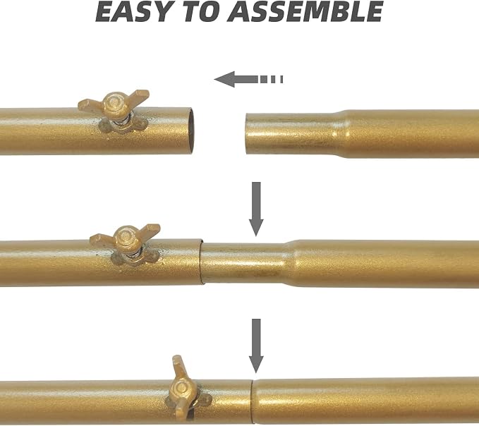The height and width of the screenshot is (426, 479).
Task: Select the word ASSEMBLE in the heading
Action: (x=305, y=11)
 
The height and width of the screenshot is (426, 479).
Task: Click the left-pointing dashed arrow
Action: (x=248, y=80)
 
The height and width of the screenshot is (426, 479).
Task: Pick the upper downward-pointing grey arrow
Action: (x=256, y=209)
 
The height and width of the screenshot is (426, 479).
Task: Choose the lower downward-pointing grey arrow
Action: (x=256, y=346)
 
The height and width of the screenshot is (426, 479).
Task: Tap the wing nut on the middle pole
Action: (x=125, y=245)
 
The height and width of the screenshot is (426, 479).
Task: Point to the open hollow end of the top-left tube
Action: (x=190, y=130)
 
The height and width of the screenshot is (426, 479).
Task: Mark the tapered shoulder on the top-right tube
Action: (x=341, y=134)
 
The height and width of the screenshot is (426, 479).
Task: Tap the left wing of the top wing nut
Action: (x=91, y=104)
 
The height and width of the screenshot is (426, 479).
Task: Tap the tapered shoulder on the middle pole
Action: (x=290, y=263)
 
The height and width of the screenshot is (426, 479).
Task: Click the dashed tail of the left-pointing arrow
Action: (x=272, y=80)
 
